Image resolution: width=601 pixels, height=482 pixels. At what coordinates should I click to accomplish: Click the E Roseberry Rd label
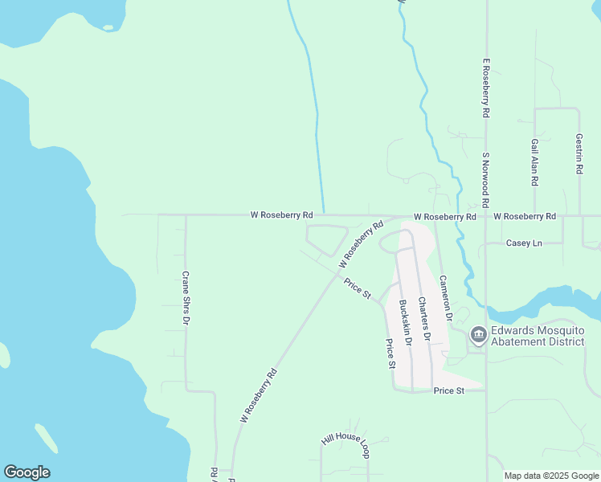tap(486, 89)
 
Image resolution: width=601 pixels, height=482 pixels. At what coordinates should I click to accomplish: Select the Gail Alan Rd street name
tap(534, 163)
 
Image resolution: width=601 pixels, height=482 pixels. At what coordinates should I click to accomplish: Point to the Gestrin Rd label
tap(579, 155)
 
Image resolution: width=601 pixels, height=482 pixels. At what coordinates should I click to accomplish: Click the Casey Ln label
tap(524, 243)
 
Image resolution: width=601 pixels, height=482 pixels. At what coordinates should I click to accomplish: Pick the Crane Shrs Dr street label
tap(186, 297)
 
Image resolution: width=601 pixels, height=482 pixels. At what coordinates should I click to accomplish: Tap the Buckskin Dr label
tap(405, 323)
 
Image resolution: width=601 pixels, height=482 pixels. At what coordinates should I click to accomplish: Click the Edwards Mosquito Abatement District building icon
tap(478, 333)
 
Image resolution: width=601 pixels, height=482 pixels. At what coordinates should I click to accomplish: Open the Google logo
tap(27, 472)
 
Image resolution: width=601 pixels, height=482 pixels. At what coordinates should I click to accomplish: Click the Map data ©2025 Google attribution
tap(551, 476)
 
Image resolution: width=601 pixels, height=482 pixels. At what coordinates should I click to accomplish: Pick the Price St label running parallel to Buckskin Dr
tap(390, 353)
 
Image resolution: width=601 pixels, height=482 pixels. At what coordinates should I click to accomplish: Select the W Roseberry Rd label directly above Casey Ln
tap(525, 217)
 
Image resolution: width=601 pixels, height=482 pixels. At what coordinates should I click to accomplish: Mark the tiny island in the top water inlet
tap(108, 28)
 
